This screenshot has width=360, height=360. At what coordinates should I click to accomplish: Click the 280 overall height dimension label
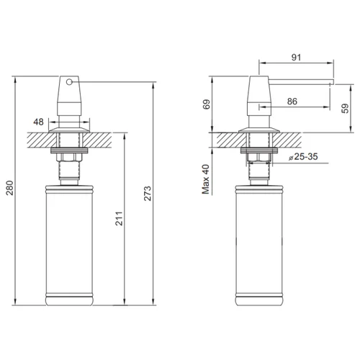[10, 188]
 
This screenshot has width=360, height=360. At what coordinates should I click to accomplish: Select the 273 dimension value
[148, 193]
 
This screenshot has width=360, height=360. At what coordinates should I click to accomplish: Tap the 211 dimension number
[119, 218]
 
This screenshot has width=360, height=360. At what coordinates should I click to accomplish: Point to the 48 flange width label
[38, 122]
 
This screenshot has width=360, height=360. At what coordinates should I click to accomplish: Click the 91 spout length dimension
[296, 58]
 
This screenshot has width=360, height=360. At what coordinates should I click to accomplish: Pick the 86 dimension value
[292, 102]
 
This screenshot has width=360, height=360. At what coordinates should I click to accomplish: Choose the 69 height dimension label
[207, 104]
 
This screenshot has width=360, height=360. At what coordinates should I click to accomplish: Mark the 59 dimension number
[345, 109]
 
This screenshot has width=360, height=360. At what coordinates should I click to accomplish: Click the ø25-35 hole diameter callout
[303, 157]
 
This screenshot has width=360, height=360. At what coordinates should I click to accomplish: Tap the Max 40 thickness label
[206, 179]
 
